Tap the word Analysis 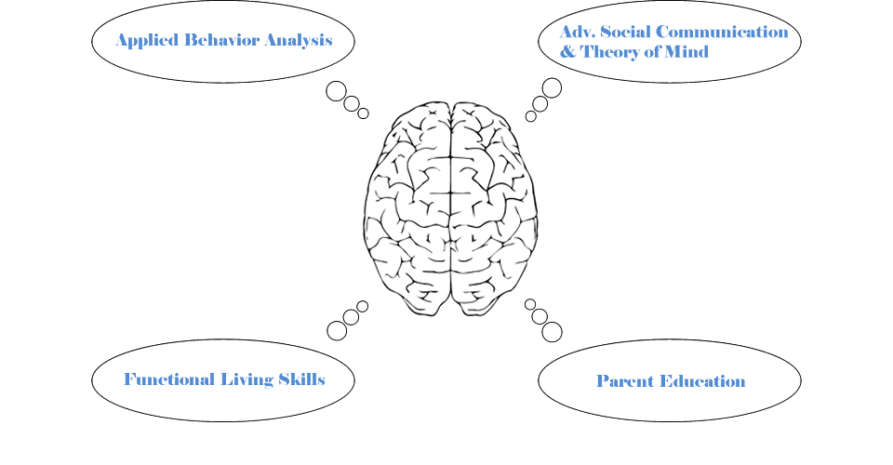(299, 41)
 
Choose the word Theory (615, 52)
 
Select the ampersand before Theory (567, 52)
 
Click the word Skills (302, 379)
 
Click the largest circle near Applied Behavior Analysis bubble (336, 91)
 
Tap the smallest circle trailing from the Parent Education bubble (530, 304)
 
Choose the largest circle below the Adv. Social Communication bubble (552, 87)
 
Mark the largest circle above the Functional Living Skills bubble (337, 330)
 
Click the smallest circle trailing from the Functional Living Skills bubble (362, 306)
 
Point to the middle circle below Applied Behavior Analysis (352, 104)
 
